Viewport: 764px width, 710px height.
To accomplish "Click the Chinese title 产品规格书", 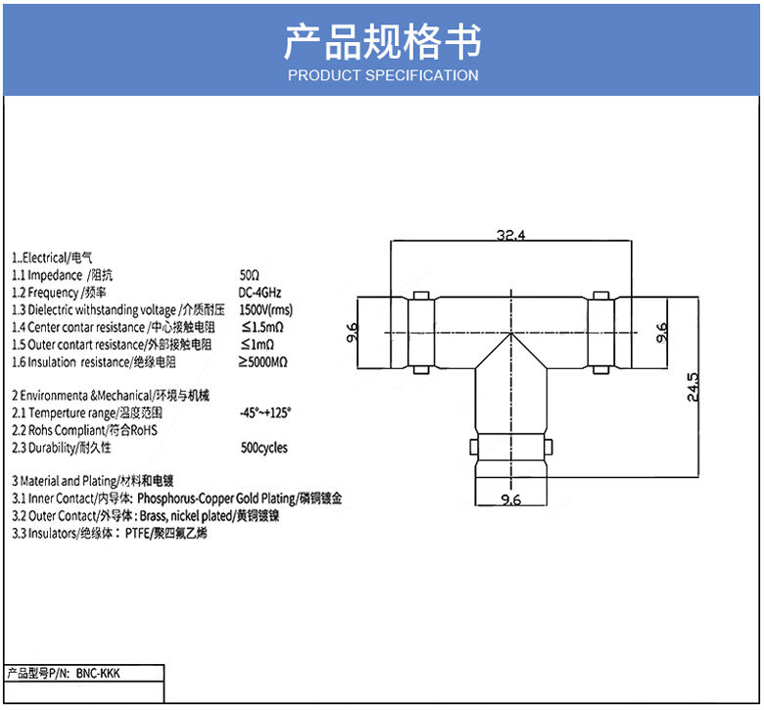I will pos(382,42).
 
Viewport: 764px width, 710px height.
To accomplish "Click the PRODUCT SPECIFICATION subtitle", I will pos(382,75).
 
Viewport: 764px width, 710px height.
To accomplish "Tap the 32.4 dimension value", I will pos(511,235).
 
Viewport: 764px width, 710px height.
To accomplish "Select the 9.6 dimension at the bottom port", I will pos(510,500).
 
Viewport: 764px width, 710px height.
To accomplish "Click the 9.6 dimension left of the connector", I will pos(353,334).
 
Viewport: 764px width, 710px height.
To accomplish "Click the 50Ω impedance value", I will pos(250,275).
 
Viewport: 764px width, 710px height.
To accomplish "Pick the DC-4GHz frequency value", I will pos(260,293).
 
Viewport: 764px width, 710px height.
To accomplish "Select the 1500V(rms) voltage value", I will pos(265,309).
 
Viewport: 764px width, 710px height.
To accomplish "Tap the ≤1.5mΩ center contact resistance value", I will pos(262,327).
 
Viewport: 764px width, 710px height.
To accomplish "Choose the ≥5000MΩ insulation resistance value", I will pos(263,362).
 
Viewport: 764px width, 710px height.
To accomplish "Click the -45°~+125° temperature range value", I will pos(265,413).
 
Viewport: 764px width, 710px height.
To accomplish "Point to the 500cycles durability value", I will pos(263,448).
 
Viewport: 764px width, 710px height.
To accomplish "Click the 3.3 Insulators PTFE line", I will pos(110,534).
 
